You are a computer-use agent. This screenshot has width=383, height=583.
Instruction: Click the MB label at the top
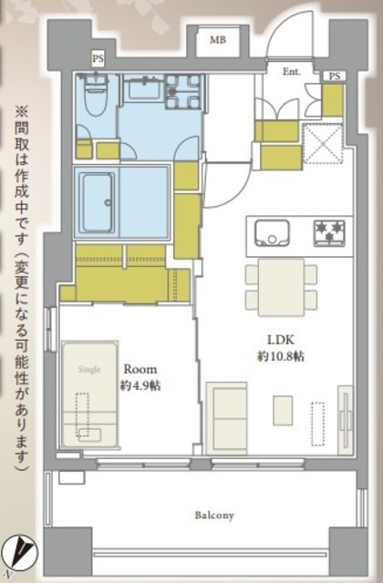tap(218, 40)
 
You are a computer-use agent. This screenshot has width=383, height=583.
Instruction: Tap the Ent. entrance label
tap(292, 70)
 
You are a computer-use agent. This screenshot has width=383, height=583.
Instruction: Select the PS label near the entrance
tap(335, 76)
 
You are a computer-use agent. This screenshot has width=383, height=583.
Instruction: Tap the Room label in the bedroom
tap(140, 370)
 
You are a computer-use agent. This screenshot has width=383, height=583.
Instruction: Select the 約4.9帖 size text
tap(140, 385)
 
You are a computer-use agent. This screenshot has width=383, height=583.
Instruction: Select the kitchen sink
tap(271, 231)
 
